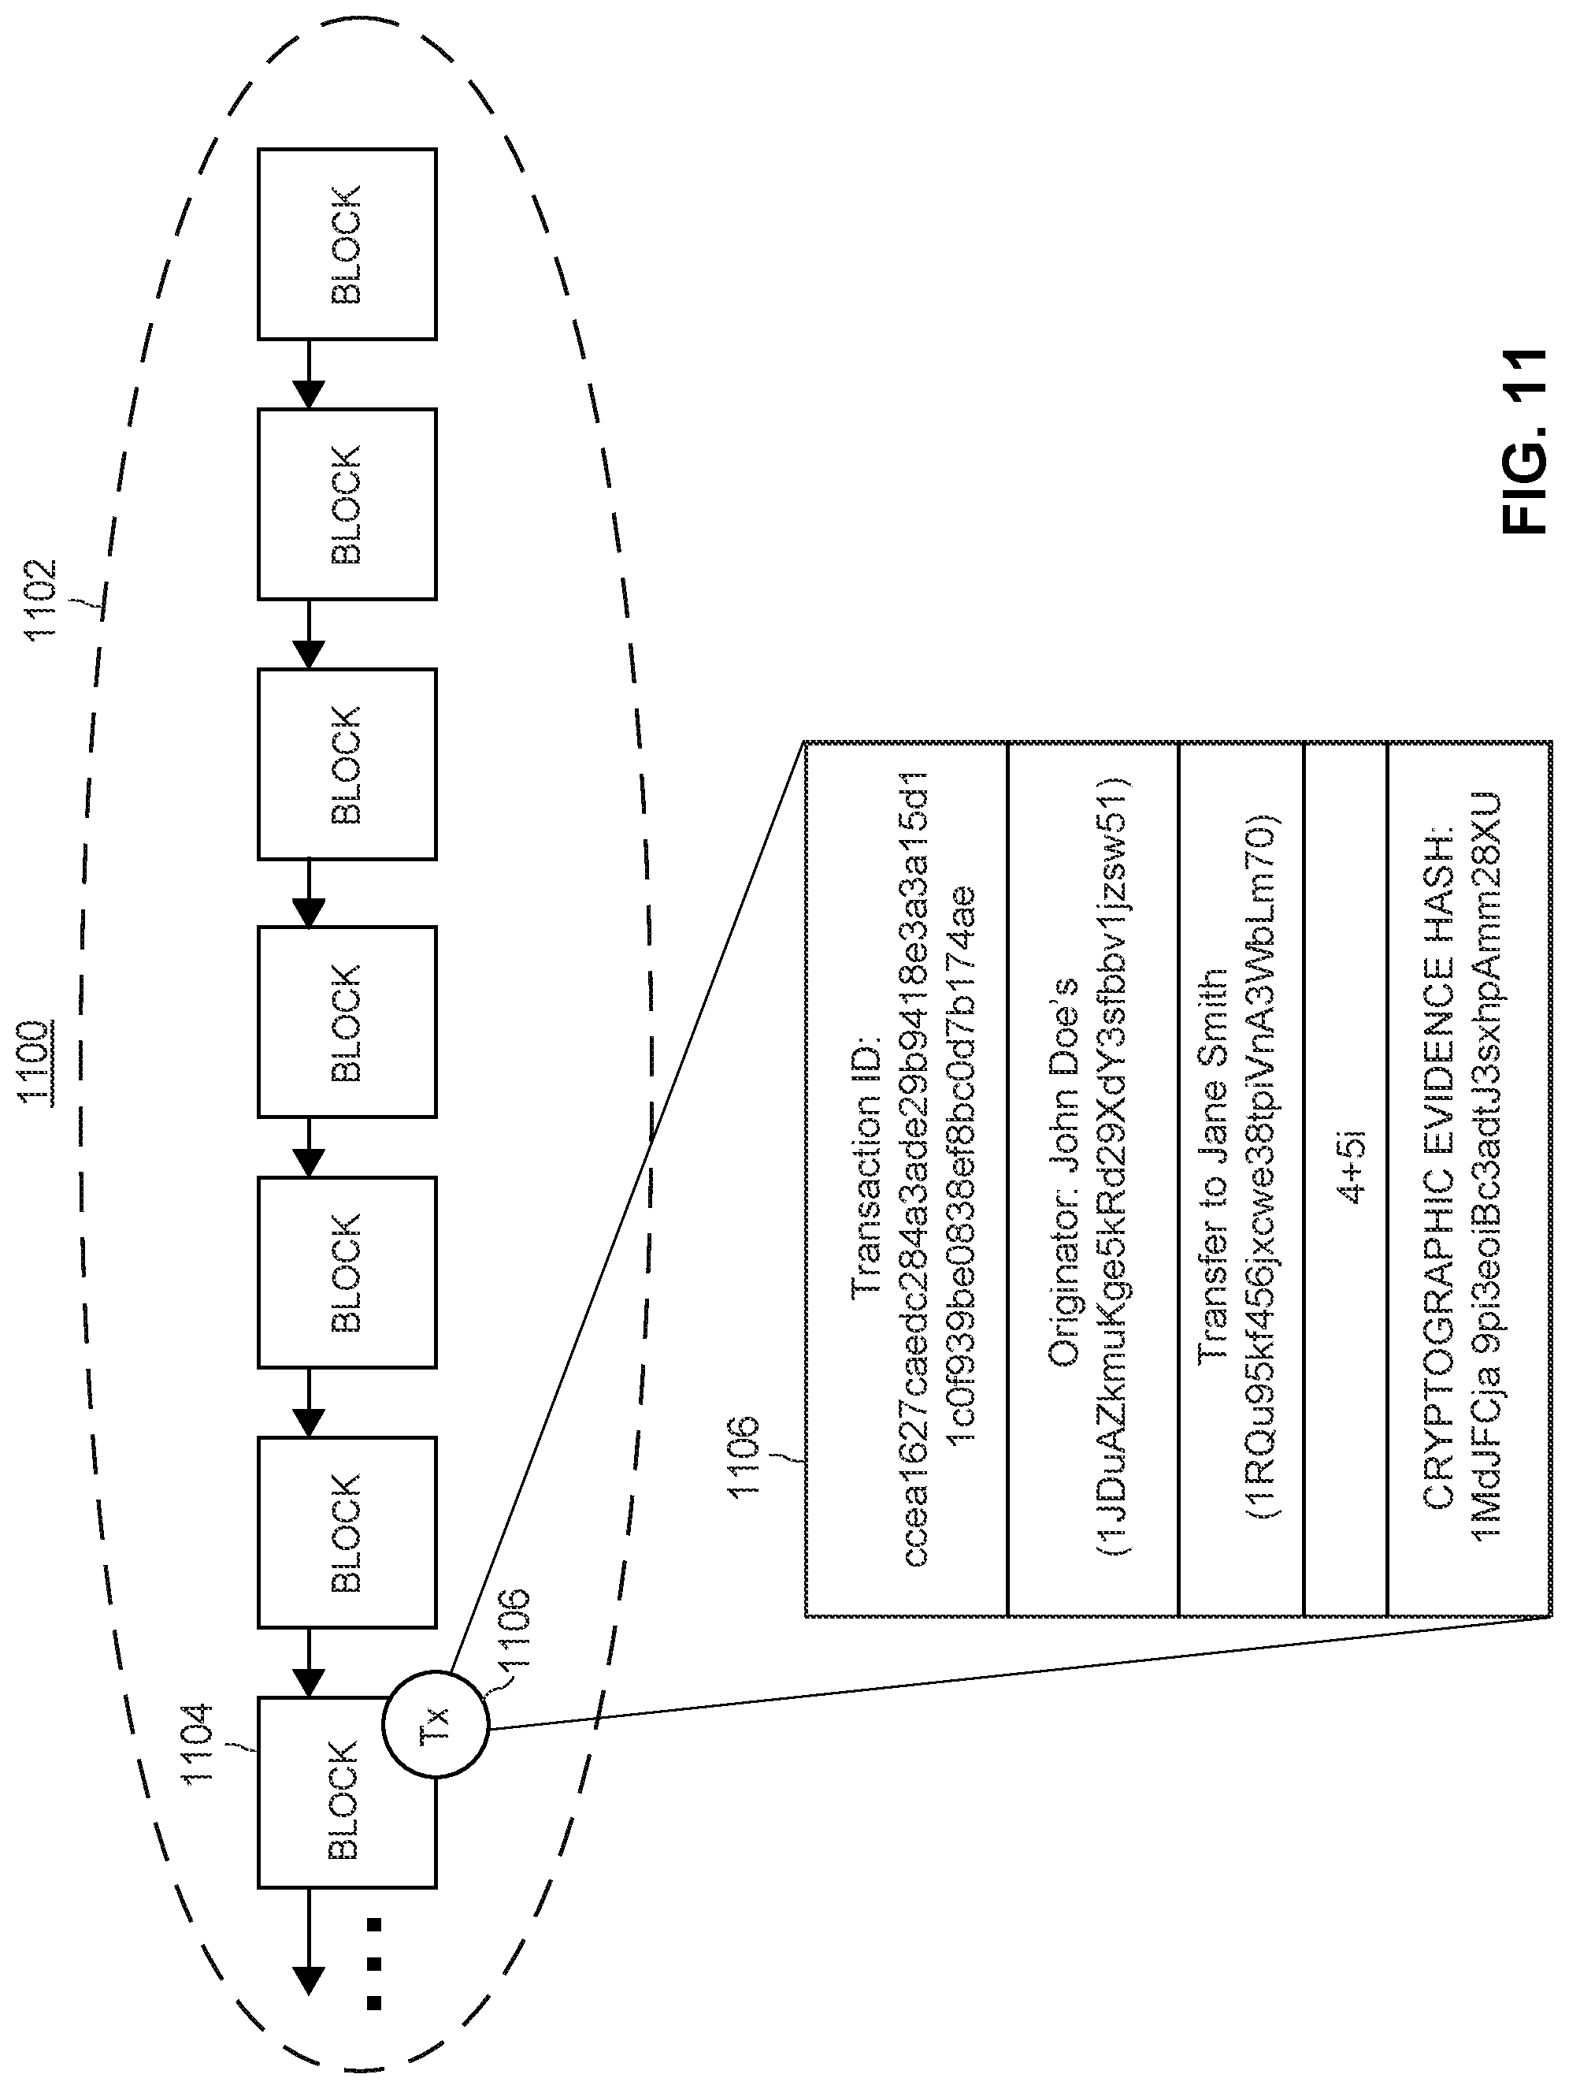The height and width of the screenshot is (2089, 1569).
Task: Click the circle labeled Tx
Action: pyautogui.click(x=436, y=1724)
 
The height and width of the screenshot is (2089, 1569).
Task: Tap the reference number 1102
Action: pyautogui.click(x=42, y=600)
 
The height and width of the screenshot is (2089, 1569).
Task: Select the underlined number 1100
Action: pyautogui.click(x=35, y=1061)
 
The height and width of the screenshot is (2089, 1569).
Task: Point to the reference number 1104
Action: pyautogui.click(x=198, y=1742)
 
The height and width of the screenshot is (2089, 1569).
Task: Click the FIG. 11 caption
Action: pyautogui.click(x=1523, y=442)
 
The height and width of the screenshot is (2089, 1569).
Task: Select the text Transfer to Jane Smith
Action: pyautogui.click(x=1212, y=1164)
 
